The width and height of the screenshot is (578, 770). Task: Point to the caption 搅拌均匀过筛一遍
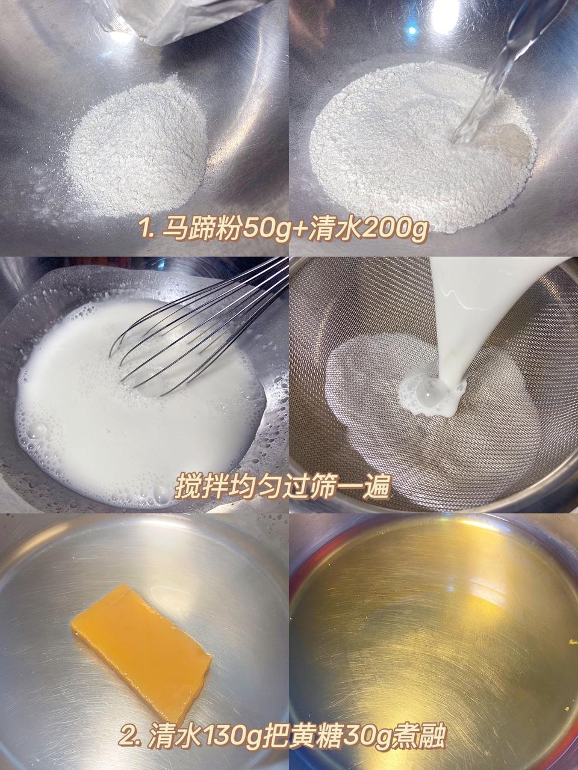[282, 487]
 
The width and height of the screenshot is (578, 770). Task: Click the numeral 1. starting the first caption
[146, 229]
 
